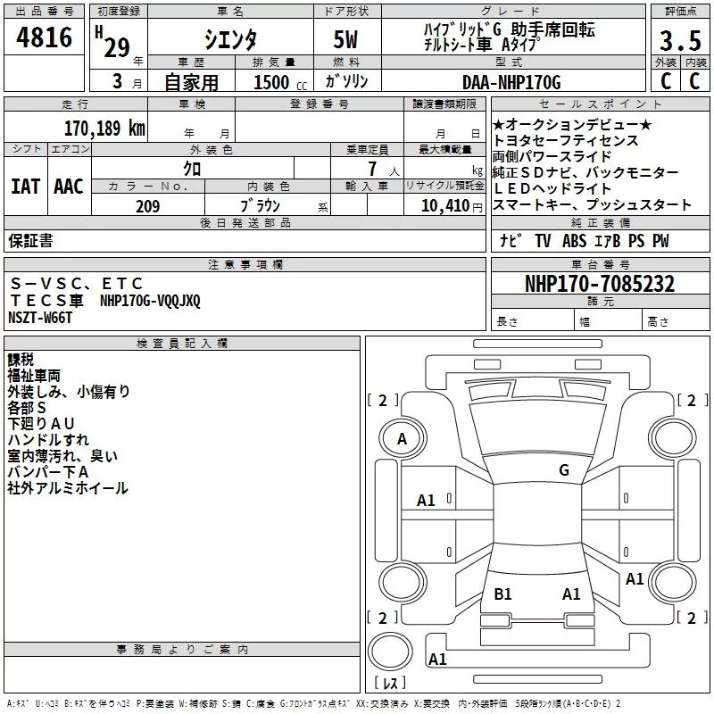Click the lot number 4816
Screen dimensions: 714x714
(44, 37)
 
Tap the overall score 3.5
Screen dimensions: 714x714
(680, 41)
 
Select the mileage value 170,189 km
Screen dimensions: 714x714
(104, 129)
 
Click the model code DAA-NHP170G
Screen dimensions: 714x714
(511, 82)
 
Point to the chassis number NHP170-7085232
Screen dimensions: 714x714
(600, 284)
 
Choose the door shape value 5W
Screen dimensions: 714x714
(345, 39)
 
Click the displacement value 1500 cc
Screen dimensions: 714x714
(280, 82)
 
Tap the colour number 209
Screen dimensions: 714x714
(147, 206)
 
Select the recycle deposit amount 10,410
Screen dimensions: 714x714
(445, 206)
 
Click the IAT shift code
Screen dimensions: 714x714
(25, 187)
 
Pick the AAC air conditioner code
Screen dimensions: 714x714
(69, 187)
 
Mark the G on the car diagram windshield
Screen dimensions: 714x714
(564, 470)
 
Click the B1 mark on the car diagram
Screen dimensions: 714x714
(502, 594)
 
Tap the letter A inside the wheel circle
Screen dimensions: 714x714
(402, 439)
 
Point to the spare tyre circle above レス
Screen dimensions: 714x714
(390, 652)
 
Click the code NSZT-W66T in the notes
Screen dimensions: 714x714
(40, 318)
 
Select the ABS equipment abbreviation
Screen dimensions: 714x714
(574, 241)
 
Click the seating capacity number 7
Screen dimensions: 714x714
(372, 169)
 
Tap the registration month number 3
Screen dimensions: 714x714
(118, 81)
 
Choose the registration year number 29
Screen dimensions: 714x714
(117, 48)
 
